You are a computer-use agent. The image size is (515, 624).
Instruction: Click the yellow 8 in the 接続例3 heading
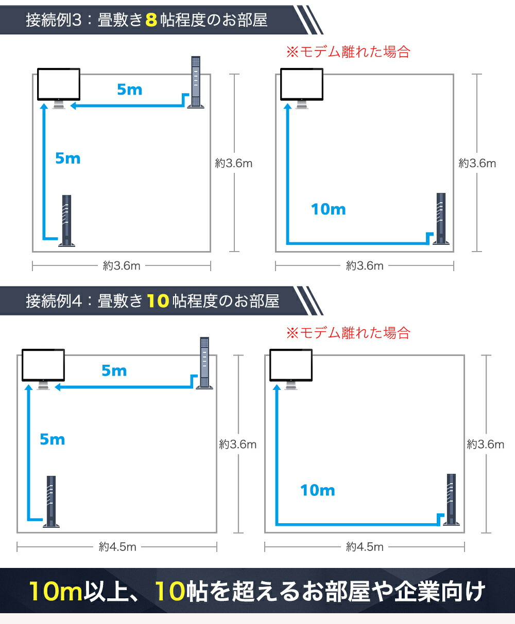(x=151, y=20)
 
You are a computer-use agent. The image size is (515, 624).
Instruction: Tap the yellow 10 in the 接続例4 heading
(x=158, y=300)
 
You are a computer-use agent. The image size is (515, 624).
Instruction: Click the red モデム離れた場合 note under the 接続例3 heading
(x=348, y=52)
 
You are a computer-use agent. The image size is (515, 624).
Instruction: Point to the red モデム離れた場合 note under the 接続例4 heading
(x=348, y=333)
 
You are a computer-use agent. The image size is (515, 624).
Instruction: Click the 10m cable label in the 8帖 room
(x=328, y=209)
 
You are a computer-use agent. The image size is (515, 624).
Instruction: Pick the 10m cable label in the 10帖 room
(x=318, y=490)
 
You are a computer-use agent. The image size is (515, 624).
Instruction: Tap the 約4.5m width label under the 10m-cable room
(x=365, y=547)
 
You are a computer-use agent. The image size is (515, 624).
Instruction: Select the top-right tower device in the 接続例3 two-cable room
(x=196, y=82)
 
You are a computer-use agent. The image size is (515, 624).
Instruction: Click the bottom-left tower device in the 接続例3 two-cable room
(x=67, y=221)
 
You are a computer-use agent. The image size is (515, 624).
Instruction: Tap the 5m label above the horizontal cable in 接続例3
(x=130, y=90)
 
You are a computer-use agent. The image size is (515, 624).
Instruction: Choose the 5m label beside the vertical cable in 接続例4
(x=53, y=439)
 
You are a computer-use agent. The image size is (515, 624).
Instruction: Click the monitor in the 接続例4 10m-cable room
(x=291, y=369)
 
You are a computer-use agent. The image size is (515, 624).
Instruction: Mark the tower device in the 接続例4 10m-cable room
(x=451, y=500)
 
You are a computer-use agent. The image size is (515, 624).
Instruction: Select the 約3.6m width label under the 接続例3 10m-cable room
(x=365, y=265)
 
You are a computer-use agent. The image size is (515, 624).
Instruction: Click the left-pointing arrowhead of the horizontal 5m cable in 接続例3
(x=73, y=106)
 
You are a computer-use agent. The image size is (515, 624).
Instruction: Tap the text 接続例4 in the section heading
(x=54, y=300)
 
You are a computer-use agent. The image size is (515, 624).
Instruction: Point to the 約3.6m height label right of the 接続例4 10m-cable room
(x=485, y=444)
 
